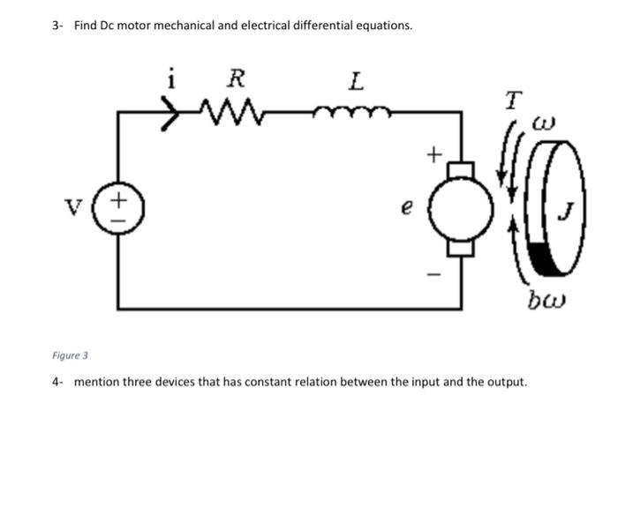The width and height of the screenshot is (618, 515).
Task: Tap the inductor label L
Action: click(x=355, y=82)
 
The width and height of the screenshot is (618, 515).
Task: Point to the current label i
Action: click(x=171, y=80)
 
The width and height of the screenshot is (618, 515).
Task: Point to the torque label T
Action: click(x=512, y=101)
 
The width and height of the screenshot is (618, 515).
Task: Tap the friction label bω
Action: click(x=546, y=303)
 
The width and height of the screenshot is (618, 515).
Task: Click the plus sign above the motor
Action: click(x=432, y=155)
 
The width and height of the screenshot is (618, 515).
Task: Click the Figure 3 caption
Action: click(x=71, y=355)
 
